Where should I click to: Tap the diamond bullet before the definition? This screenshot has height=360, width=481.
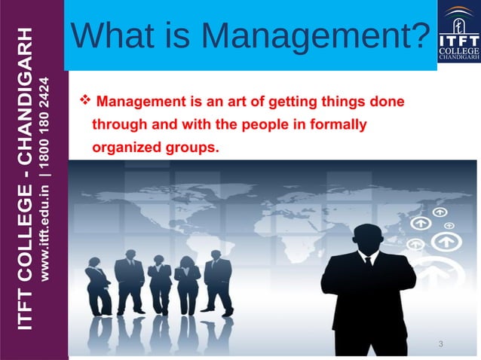(x=84, y=99)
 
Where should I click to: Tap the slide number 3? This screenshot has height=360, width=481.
(x=440, y=344)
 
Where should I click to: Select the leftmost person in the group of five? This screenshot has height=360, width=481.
(x=98, y=286)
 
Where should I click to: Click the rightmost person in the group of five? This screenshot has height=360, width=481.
(x=218, y=282)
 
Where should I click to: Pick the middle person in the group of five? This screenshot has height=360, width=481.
(x=159, y=286)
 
